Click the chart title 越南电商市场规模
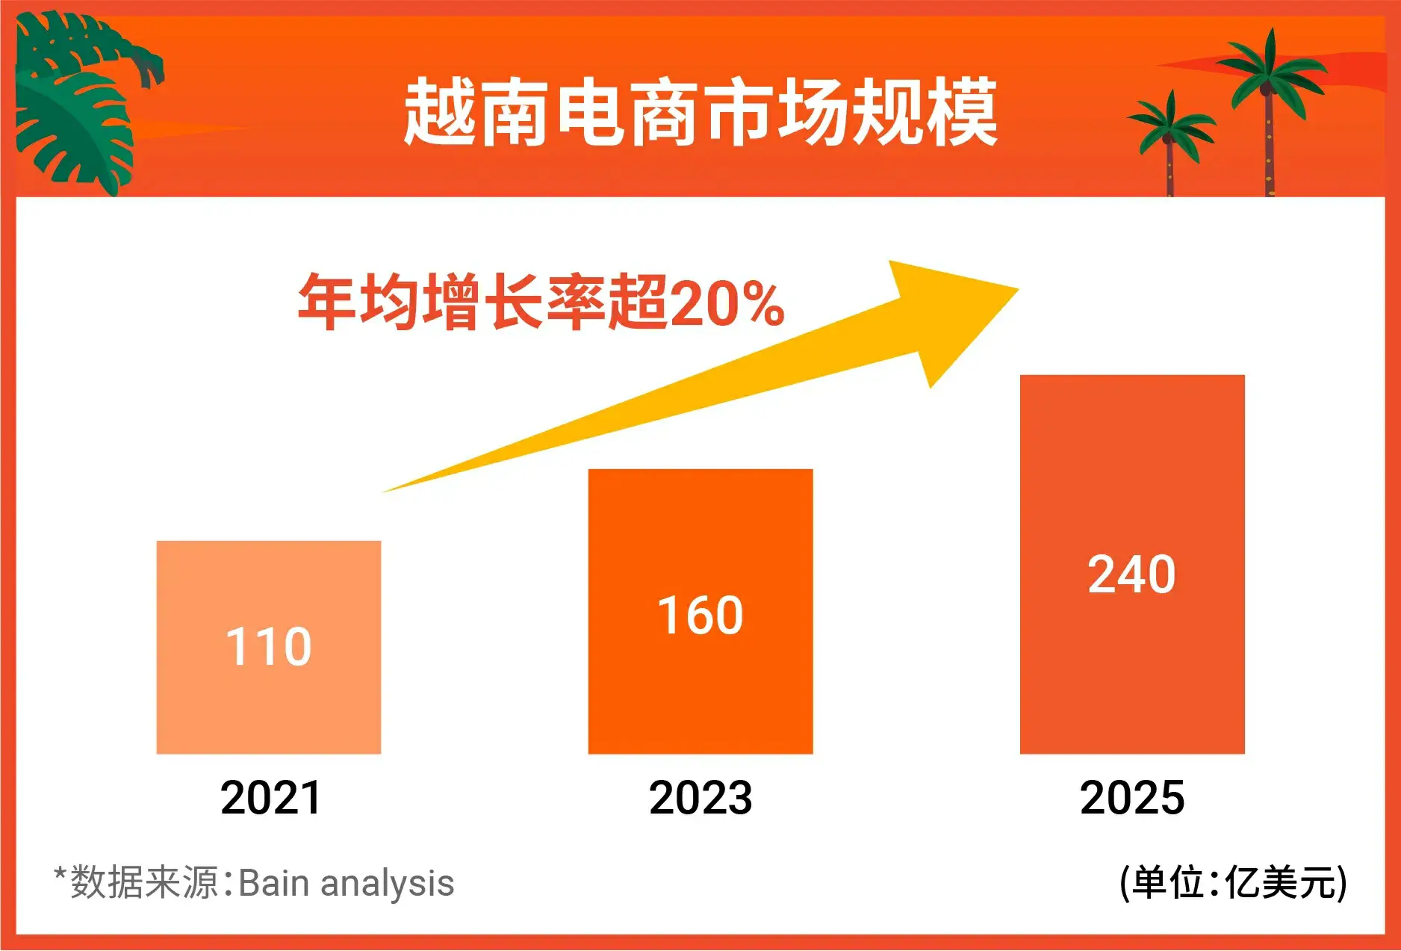(700, 113)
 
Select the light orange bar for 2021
(269, 647)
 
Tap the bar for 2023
(700, 611)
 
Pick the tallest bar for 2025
(1132, 564)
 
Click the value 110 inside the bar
(269, 646)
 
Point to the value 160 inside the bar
(700, 616)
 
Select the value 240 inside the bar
(1132, 574)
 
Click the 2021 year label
(270, 797)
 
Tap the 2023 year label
(700, 797)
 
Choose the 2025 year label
(1132, 797)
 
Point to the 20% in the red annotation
(727, 303)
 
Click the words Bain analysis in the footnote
(347, 883)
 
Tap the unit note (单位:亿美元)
(1234, 883)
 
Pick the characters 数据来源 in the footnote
(145, 882)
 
